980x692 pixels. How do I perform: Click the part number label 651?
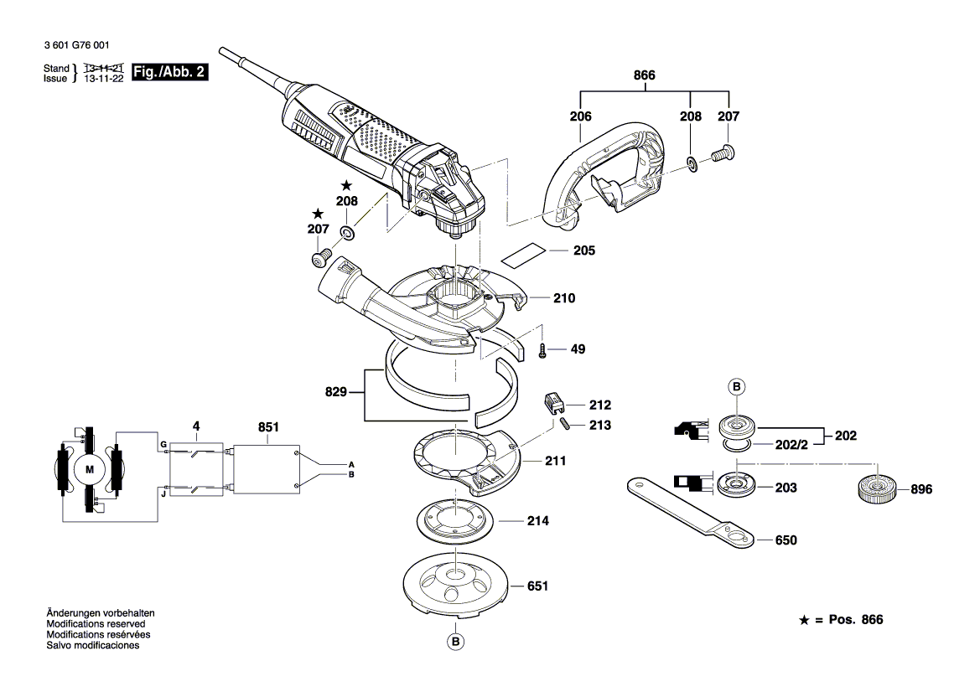coord(537,586)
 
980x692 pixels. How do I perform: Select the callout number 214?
coord(537,521)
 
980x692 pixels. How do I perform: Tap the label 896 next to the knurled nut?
coord(920,488)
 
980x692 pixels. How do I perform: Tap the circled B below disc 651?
coord(455,642)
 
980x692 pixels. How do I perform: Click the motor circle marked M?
coord(90,470)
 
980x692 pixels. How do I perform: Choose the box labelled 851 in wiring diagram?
coord(267,468)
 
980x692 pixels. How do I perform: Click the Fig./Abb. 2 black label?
coord(170,72)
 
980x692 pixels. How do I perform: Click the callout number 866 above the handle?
coord(644,76)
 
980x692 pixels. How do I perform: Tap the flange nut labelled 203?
coord(736,484)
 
